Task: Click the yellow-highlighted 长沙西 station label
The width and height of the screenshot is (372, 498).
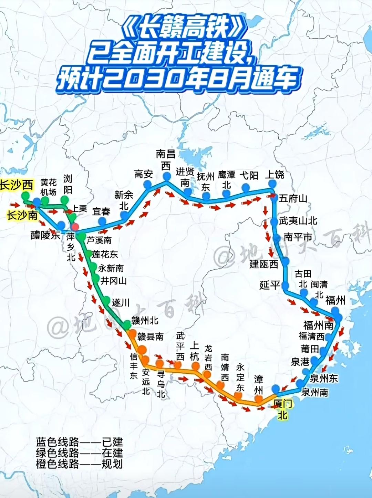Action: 17,185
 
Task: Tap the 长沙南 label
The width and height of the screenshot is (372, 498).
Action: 22,215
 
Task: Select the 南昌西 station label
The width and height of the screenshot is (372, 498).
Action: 166,159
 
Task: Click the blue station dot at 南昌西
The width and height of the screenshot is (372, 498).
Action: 167,176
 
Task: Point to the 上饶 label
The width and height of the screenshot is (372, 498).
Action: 274,175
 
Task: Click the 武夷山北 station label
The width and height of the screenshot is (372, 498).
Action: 298,221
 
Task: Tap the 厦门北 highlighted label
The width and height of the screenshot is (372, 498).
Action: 283,409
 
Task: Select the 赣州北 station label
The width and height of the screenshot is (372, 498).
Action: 145,321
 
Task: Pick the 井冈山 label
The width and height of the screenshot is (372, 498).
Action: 114,281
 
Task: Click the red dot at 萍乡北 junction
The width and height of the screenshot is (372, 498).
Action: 75,227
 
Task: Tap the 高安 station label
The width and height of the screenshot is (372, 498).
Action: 143,174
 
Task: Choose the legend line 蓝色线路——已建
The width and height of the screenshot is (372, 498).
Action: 79,442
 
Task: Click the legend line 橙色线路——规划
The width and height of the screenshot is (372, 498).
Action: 79,464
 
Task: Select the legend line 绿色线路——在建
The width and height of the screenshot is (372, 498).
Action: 79,453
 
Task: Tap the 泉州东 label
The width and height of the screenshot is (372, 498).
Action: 323,378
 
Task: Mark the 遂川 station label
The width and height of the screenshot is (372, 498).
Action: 121,302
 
